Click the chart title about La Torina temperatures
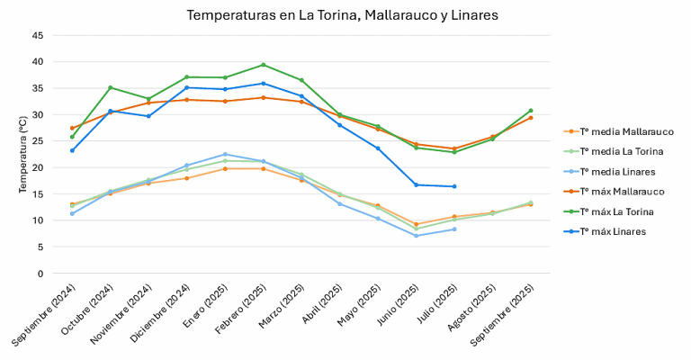coord(342,15)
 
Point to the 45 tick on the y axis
coord(37,35)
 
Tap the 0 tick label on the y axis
coord(40,274)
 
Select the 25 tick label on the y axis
coord(37,141)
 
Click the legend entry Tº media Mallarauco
coord(626,131)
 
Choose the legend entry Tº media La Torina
coord(623,151)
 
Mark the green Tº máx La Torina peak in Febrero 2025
coord(263,65)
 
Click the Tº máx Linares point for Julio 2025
coord(453,186)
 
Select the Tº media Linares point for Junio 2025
coord(416,236)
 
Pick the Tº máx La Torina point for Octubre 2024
coord(110,87)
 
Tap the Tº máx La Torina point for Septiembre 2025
coord(530,111)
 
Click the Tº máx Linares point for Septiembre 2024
coord(72,150)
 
